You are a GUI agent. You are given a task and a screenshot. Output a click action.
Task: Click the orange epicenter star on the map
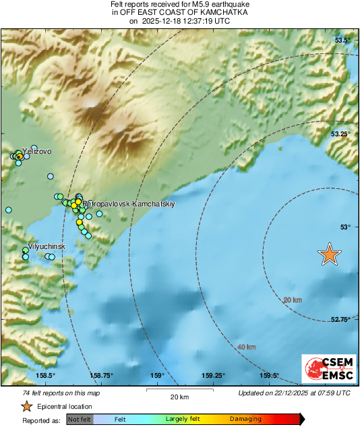point(329,254)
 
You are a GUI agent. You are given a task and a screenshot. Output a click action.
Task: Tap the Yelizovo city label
point(36,152)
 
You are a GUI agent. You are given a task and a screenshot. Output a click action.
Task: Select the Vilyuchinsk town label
point(46,246)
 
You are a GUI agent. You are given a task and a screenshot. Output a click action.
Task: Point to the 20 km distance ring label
point(292,300)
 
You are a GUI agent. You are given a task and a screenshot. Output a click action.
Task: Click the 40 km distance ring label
point(246,347)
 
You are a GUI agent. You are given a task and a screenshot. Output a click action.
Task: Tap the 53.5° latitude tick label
point(343,40)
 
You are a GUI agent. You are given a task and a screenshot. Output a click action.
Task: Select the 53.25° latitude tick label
point(341,134)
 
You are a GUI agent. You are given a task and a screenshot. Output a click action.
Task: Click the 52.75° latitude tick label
point(341,320)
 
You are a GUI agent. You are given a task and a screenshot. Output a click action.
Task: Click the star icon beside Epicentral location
point(26,406)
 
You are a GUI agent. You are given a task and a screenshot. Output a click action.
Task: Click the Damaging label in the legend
point(245,419)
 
